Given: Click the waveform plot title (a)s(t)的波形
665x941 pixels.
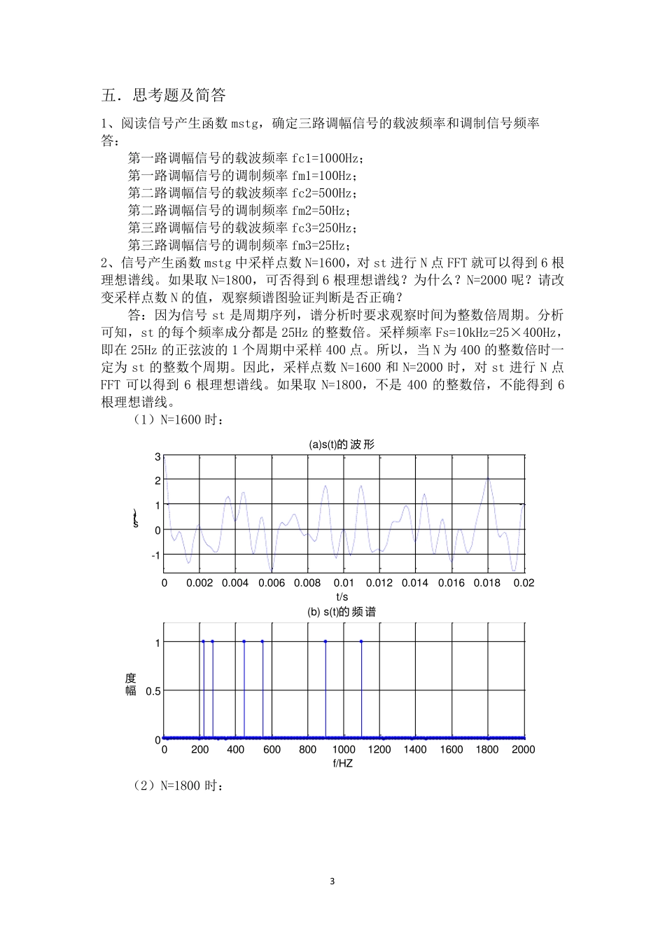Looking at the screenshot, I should (343, 445).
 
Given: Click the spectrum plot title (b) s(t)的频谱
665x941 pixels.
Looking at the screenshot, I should (342, 612).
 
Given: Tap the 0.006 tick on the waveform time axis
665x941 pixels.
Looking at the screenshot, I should (271, 583).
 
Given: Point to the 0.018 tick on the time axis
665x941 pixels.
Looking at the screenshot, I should (487, 583).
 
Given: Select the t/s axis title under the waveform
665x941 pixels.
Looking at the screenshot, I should (342, 597).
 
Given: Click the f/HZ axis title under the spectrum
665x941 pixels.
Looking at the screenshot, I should (342, 763).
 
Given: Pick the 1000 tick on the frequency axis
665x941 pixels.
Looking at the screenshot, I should (344, 750).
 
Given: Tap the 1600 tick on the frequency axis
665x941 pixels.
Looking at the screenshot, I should (451, 750).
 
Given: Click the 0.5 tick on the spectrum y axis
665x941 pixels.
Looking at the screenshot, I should (153, 691).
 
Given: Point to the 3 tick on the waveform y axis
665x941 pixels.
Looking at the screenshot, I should (157, 456).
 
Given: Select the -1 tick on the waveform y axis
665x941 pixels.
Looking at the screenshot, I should (155, 555).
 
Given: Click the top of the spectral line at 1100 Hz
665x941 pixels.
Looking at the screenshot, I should (361, 641).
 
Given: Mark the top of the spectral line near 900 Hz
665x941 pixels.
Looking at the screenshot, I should (325, 641).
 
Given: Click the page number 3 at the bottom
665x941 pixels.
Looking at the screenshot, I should (332, 881).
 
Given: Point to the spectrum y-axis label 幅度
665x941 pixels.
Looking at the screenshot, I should (131, 684).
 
